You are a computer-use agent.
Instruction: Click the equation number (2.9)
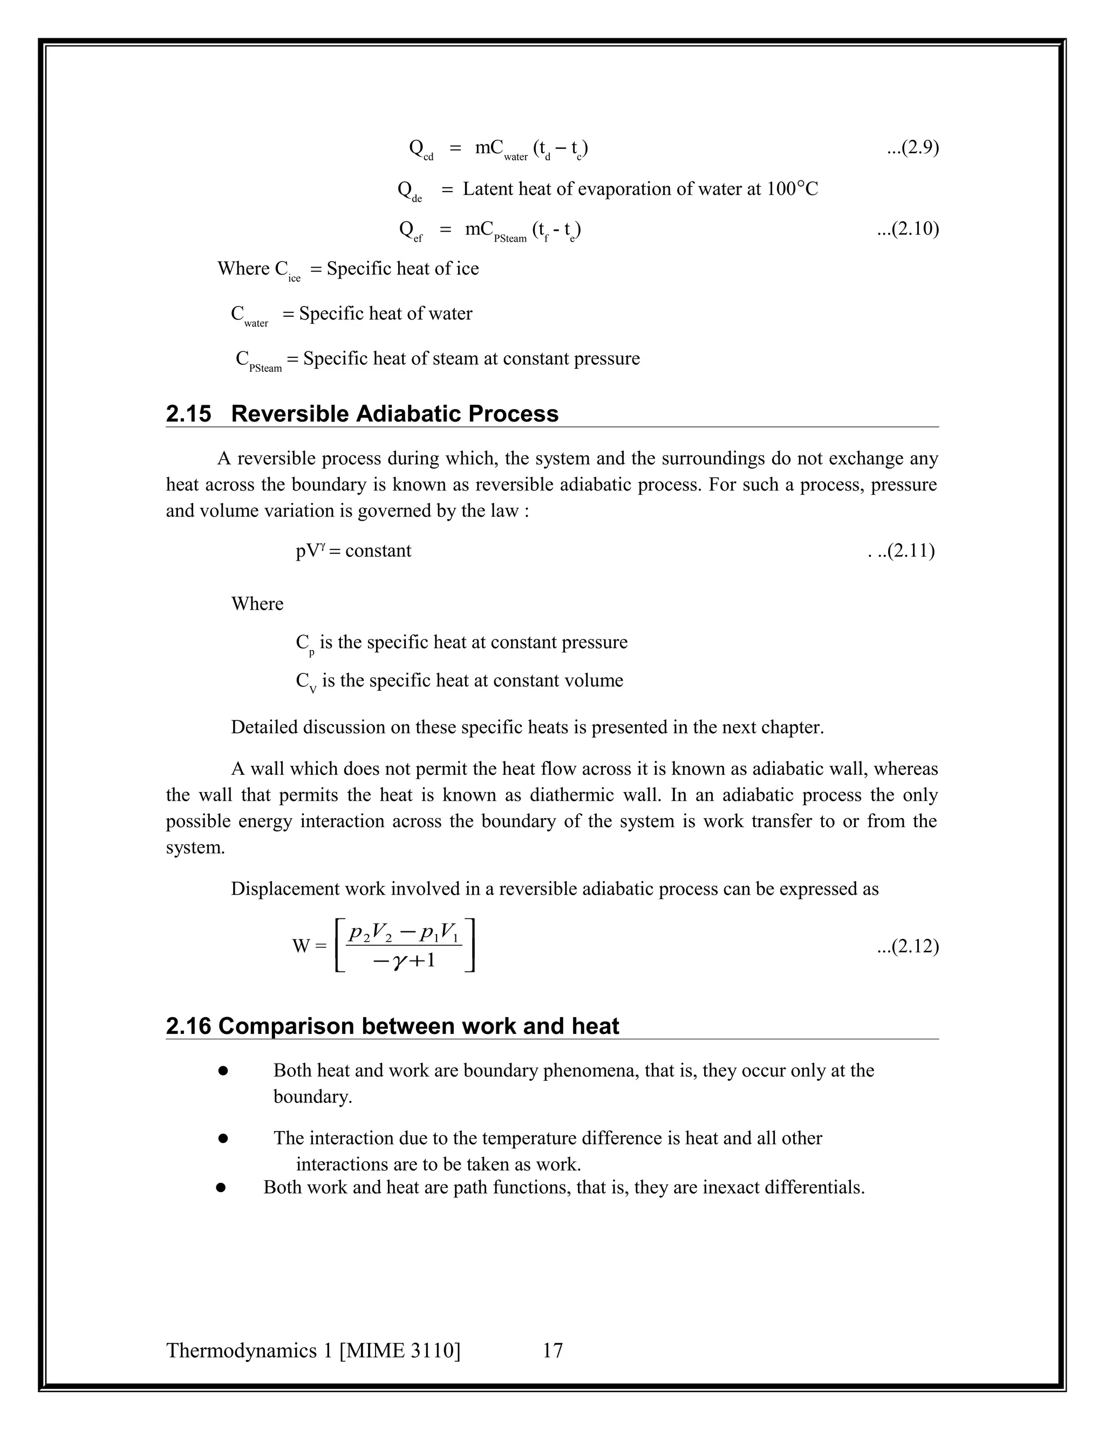(x=913, y=148)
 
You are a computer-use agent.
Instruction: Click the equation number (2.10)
(x=908, y=229)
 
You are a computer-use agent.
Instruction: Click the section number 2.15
(x=188, y=414)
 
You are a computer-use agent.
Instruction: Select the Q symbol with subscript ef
(x=411, y=230)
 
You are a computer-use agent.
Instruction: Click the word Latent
(x=488, y=189)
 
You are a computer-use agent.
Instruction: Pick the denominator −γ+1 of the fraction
(x=404, y=961)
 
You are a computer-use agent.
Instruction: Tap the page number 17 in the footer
(x=552, y=1350)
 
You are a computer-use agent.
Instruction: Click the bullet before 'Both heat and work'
(x=223, y=1071)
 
